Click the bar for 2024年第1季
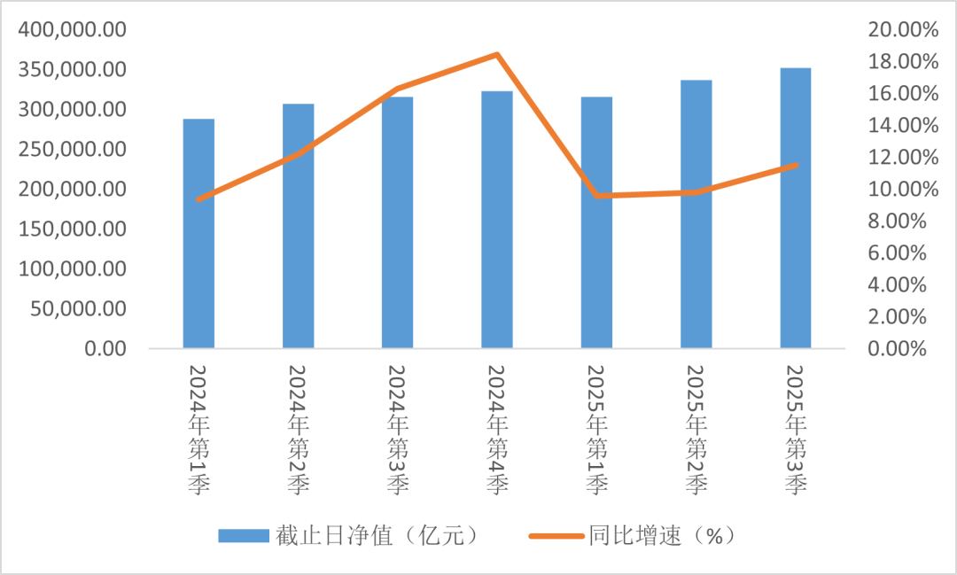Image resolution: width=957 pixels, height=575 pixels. point(198,234)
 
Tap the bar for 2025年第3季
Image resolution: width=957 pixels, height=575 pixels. point(796,208)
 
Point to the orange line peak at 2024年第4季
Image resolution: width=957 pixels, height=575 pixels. point(497,55)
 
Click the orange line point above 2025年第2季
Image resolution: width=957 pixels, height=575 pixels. point(696,192)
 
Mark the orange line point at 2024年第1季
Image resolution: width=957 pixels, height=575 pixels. point(198,199)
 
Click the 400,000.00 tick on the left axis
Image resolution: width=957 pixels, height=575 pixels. point(72,30)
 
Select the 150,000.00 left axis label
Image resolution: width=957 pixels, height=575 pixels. point(72,229)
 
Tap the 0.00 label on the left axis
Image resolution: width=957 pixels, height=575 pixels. point(105,349)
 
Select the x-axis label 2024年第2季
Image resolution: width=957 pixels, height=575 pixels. point(299,430)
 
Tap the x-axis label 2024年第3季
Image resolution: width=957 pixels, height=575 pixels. point(398,430)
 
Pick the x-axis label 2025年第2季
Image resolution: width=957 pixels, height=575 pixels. point(696,430)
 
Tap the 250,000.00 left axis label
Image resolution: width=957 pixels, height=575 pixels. point(72,150)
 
